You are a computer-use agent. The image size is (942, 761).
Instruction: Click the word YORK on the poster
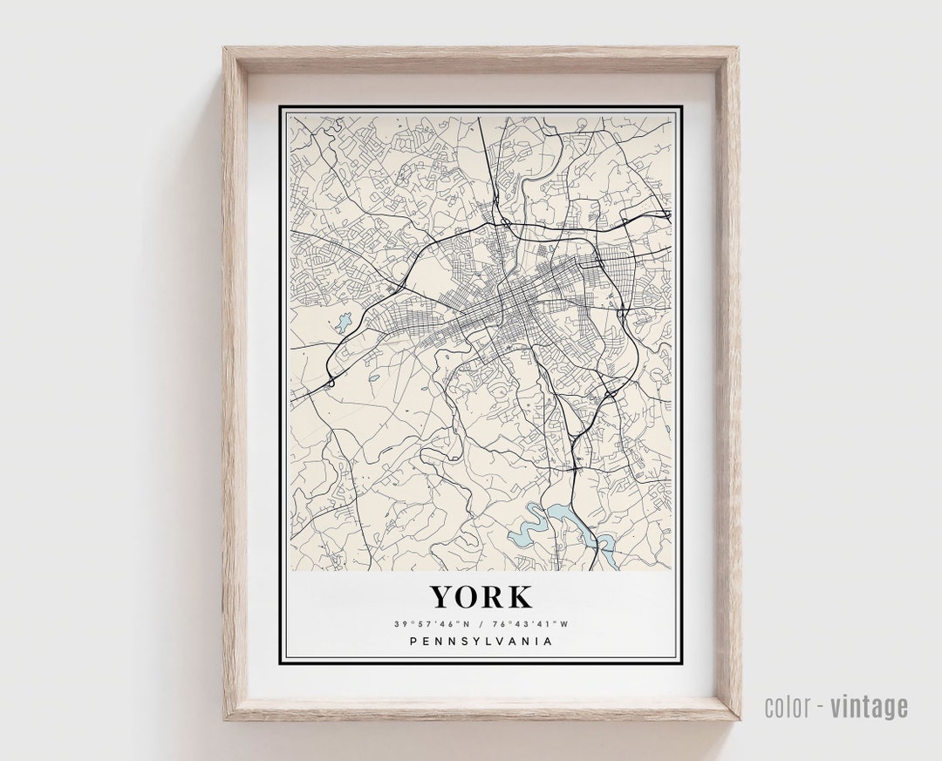click(481, 597)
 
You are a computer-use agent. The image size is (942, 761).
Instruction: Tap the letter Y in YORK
click(441, 597)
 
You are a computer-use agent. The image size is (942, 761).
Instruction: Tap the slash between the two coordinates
click(481, 624)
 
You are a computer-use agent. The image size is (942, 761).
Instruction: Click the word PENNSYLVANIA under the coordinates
click(481, 642)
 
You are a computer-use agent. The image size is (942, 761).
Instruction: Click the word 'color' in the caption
click(786, 707)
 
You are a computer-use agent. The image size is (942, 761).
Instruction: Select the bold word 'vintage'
click(870, 707)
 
